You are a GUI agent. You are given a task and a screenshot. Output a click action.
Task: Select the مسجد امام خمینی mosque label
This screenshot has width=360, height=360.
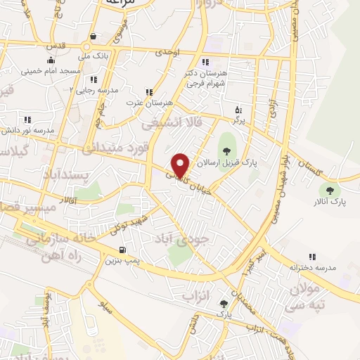pos(51,70)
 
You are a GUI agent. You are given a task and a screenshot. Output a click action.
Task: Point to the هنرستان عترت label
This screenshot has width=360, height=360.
pos(139,103)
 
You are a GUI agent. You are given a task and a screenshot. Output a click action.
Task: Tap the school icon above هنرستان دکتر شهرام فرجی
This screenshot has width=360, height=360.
pos(205,62)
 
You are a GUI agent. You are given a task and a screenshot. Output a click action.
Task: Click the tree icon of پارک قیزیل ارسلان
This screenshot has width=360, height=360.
pos(226,149)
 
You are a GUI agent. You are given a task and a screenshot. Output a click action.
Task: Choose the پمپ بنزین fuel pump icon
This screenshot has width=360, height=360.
pos(124,249)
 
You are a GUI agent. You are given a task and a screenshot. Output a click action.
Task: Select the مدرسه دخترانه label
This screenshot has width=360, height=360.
pos(313,269)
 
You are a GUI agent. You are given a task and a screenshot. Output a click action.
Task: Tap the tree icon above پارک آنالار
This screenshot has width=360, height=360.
pos(328,190)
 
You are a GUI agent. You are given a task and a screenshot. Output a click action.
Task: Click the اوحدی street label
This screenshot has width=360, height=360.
pos(169,53)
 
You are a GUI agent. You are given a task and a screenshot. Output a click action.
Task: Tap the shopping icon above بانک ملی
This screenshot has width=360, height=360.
pos(93,37)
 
